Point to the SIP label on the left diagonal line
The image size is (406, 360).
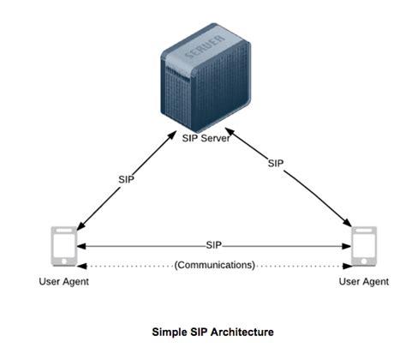(x=125, y=179)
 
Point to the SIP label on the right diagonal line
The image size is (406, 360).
(x=275, y=162)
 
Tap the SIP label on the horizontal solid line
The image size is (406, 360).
(x=215, y=245)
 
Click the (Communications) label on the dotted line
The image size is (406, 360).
(x=214, y=266)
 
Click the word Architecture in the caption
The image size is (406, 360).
(x=243, y=331)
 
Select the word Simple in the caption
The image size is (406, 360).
(x=169, y=331)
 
